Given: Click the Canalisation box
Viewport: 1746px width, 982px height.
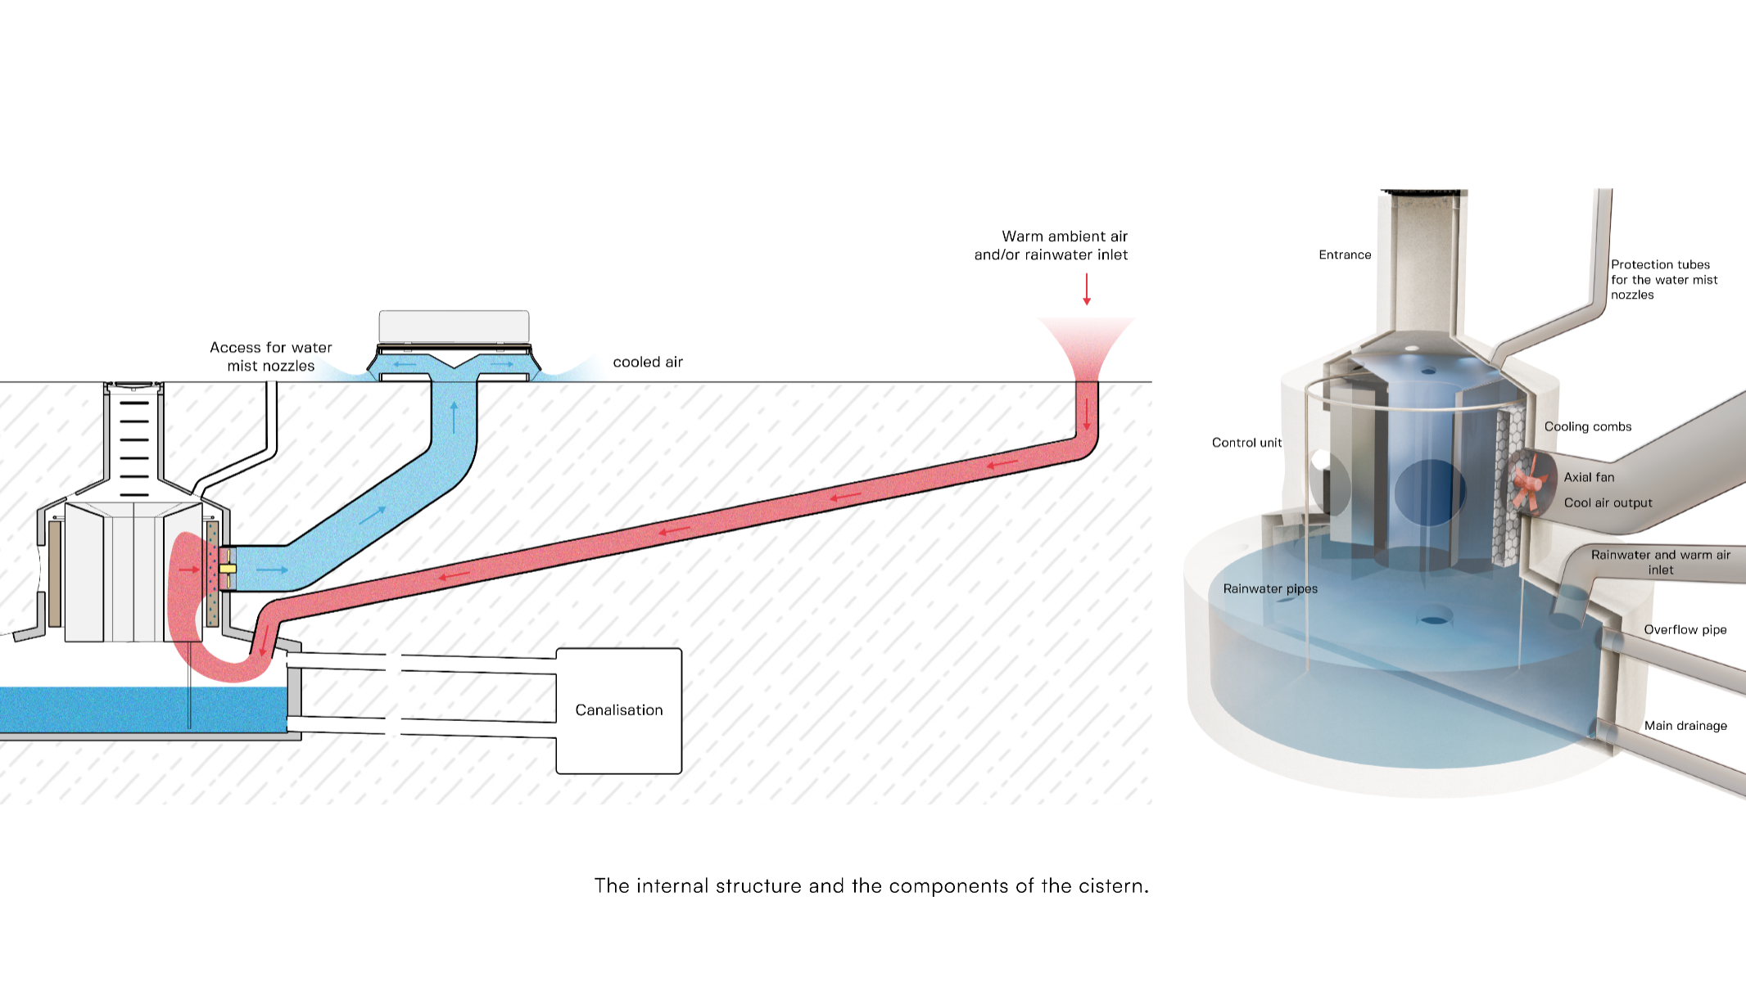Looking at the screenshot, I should pos(619,710).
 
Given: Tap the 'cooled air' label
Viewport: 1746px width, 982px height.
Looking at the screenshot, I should pos(647,362).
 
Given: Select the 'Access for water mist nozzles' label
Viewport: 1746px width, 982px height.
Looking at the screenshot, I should pos(271,357).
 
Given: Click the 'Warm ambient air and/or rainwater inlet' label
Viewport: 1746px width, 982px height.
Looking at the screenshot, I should pos(1052,245).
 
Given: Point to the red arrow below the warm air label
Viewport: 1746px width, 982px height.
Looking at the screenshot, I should pos(1087,289).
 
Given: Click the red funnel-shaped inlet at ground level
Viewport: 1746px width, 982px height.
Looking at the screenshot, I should pos(1086,348).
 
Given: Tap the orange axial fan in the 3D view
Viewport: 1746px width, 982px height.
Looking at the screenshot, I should pos(1527,484).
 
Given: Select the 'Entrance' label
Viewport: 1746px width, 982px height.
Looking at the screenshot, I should pos(1345,255).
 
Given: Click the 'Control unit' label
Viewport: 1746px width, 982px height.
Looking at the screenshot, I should pos(1246,443).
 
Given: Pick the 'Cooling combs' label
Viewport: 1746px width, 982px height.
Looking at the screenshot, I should pos(1587,426).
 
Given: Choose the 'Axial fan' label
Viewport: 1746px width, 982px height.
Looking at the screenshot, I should pos(1589,477).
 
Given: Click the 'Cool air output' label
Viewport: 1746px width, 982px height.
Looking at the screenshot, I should pos(1608,502).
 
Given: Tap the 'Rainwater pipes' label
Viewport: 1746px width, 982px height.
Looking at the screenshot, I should pos(1270,588).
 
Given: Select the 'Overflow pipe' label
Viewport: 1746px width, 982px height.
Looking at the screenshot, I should pos(1685,629).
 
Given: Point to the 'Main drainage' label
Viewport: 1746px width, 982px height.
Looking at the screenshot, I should pos(1685,726).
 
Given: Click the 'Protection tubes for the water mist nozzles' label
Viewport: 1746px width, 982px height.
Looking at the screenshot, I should pos(1663,280).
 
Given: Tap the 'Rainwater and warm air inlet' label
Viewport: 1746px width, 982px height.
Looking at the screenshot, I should pos(1660,562).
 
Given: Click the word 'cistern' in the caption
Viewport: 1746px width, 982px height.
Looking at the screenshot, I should pos(1113,886).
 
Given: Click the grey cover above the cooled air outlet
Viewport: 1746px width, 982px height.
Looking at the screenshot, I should pos(454,326).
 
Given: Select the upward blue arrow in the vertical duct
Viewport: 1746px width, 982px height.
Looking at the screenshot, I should pos(454,417).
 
